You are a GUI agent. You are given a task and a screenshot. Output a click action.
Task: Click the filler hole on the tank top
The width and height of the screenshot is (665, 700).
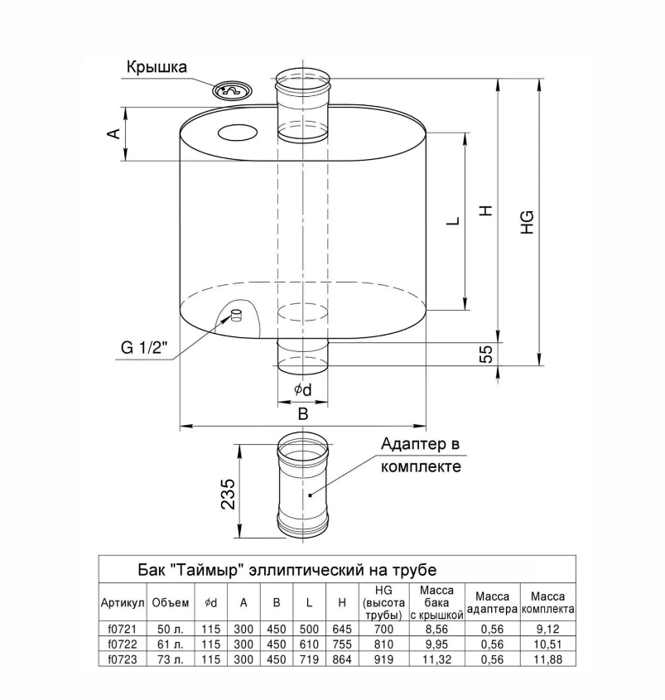pyautogui.click(x=238, y=132)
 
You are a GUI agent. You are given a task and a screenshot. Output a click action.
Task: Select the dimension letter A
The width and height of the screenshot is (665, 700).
pyautogui.click(x=115, y=133)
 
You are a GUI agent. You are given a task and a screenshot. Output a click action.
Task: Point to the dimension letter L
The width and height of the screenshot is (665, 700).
pyautogui.click(x=451, y=222)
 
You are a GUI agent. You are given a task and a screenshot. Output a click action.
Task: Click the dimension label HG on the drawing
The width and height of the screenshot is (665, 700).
pyautogui.click(x=528, y=222)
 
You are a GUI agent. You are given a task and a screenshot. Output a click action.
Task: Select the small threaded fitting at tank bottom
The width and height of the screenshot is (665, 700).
pyautogui.click(x=237, y=315)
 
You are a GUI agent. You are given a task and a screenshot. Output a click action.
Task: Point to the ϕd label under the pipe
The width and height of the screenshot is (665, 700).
pyautogui.click(x=302, y=389)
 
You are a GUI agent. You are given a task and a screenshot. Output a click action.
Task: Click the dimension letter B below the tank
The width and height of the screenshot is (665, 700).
pyautogui.click(x=302, y=413)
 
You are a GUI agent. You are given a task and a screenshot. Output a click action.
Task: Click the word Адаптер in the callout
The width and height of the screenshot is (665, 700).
pyautogui.click(x=410, y=445)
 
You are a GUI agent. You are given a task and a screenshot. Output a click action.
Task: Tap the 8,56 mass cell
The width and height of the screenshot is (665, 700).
pyautogui.click(x=436, y=630)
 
